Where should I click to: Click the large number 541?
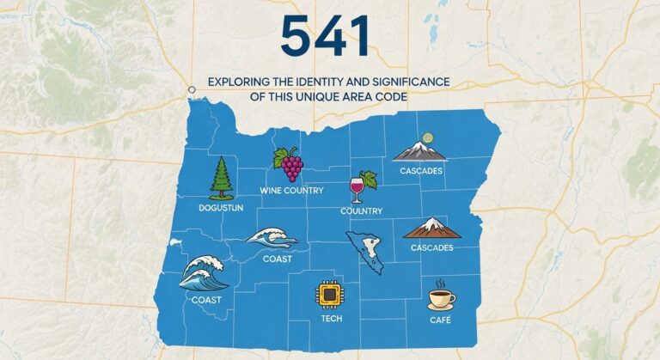point(326,37)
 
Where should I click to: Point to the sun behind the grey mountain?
point(427,137)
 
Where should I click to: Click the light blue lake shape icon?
point(364,251)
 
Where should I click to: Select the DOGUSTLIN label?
point(221,207)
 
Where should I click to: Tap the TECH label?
point(331,318)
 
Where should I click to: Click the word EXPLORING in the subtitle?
point(239,82)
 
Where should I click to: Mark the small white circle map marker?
point(192,89)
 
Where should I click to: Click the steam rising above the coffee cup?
point(441,284)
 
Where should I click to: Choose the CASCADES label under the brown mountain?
point(432,247)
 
